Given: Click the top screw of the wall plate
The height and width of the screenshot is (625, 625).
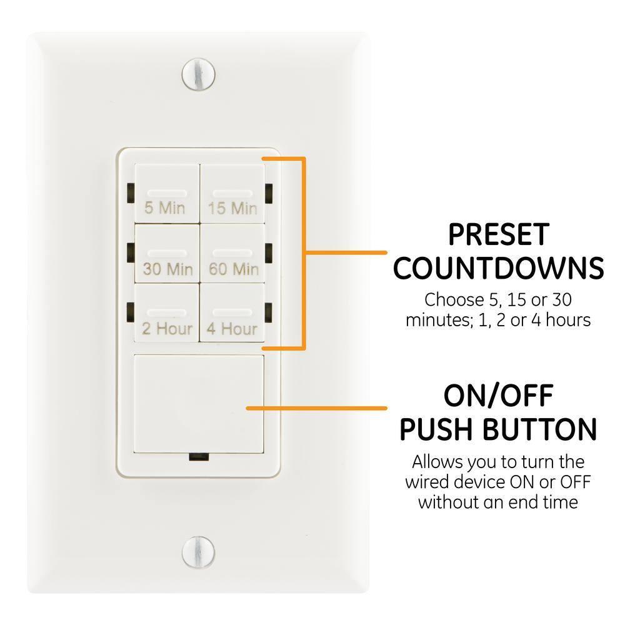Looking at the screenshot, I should pyautogui.click(x=198, y=73).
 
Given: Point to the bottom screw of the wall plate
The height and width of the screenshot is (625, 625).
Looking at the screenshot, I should pyautogui.click(x=198, y=551).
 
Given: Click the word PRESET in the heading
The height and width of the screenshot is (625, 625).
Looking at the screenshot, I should pyautogui.click(x=498, y=235).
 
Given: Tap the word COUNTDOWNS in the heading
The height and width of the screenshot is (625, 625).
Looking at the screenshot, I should pyautogui.click(x=499, y=268).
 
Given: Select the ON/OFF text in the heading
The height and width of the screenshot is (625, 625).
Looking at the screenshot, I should pyautogui.click(x=498, y=396).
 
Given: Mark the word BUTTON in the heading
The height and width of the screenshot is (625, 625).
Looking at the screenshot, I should pyautogui.click(x=544, y=429).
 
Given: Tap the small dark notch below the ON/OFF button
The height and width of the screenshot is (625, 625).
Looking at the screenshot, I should pyautogui.click(x=199, y=457).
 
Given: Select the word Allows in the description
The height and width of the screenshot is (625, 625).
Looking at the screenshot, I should pyautogui.click(x=435, y=463).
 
